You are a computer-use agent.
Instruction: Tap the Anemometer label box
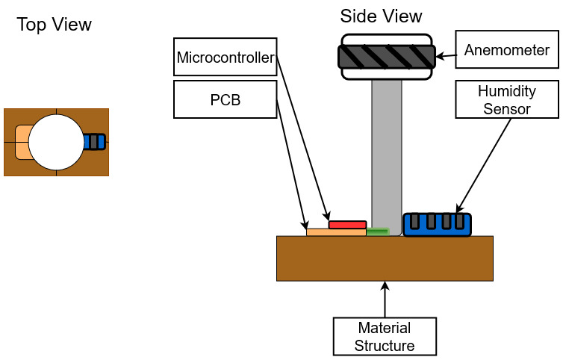(506, 51)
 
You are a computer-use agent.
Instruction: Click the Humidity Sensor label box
(506, 99)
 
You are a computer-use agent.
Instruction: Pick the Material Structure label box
(384, 337)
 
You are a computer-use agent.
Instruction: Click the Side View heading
(381, 16)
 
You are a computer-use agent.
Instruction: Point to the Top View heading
(55, 25)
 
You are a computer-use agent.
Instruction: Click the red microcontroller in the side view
(347, 225)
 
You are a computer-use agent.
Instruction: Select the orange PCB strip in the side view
(336, 232)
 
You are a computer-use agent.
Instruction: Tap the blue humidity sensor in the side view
(438, 225)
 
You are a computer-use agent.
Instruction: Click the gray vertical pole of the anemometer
(387, 149)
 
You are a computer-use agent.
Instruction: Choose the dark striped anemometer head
(387, 57)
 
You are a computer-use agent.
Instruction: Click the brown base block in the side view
(385, 258)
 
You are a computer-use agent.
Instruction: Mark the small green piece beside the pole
(378, 232)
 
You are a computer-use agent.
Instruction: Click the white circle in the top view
(56, 141)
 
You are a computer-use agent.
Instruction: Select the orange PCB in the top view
(22, 142)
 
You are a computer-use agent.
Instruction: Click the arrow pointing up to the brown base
(385, 299)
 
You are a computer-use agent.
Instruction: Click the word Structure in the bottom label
(384, 345)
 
